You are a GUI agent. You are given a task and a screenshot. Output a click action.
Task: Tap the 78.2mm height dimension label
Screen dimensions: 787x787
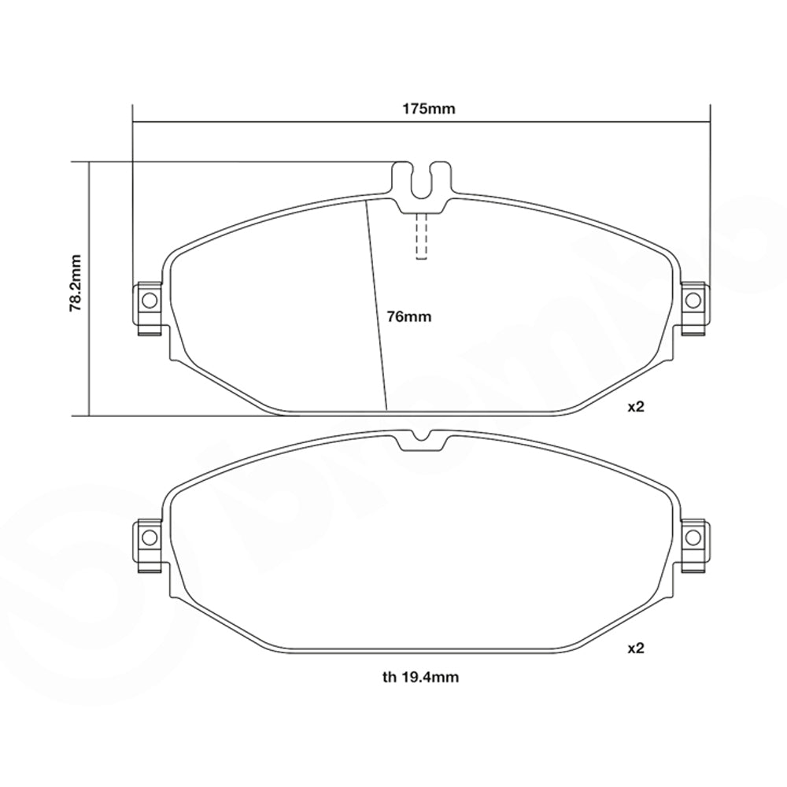pyautogui.click(x=76, y=283)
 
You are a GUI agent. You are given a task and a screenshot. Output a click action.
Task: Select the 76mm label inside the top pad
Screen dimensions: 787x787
pyautogui.click(x=410, y=317)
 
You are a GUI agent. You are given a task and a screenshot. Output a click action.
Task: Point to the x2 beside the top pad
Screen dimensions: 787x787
pyautogui.click(x=635, y=408)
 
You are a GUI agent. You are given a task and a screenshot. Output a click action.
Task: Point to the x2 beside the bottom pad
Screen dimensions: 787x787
pyautogui.click(x=635, y=649)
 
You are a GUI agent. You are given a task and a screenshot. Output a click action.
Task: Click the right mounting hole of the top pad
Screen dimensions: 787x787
pyautogui.click(x=693, y=300)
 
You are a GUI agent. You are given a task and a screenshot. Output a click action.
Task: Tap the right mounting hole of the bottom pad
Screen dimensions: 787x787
pyautogui.click(x=693, y=537)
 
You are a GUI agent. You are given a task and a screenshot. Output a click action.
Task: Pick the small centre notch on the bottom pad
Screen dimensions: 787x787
pyautogui.click(x=423, y=438)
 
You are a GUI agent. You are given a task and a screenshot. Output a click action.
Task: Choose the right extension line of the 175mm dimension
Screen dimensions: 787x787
pyautogui.click(x=711, y=197)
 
